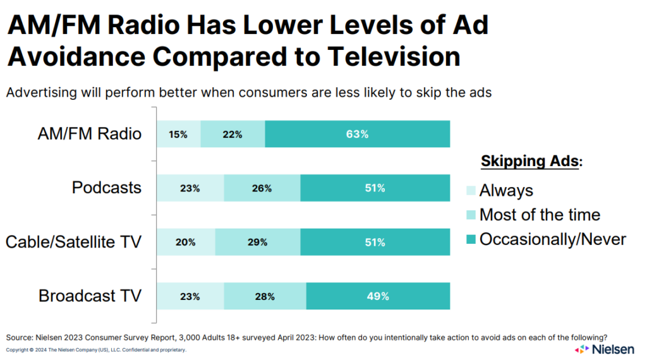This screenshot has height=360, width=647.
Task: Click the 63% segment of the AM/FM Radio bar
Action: point(357,134)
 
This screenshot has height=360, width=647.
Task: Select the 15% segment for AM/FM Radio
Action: point(178,134)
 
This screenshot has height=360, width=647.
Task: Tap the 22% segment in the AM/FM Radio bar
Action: point(233,134)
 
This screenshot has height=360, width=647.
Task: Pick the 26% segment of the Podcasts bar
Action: point(262,188)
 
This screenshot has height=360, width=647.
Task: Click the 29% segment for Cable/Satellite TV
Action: point(257,242)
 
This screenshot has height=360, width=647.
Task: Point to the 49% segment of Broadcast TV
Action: point(378,296)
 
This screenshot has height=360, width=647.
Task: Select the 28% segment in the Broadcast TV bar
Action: point(265,296)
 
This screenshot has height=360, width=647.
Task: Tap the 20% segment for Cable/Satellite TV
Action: point(186,242)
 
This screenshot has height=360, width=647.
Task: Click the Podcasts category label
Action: point(107,188)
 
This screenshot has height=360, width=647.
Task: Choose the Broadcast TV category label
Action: point(90,296)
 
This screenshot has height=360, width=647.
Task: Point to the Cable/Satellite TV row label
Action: point(73,242)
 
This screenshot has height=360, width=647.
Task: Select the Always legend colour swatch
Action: point(470,191)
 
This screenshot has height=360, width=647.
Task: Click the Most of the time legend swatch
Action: point(470,215)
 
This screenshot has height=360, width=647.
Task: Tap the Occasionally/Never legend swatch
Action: point(470,240)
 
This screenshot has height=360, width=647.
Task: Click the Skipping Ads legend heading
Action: point(531,161)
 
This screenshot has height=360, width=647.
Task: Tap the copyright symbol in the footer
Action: point(33,349)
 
